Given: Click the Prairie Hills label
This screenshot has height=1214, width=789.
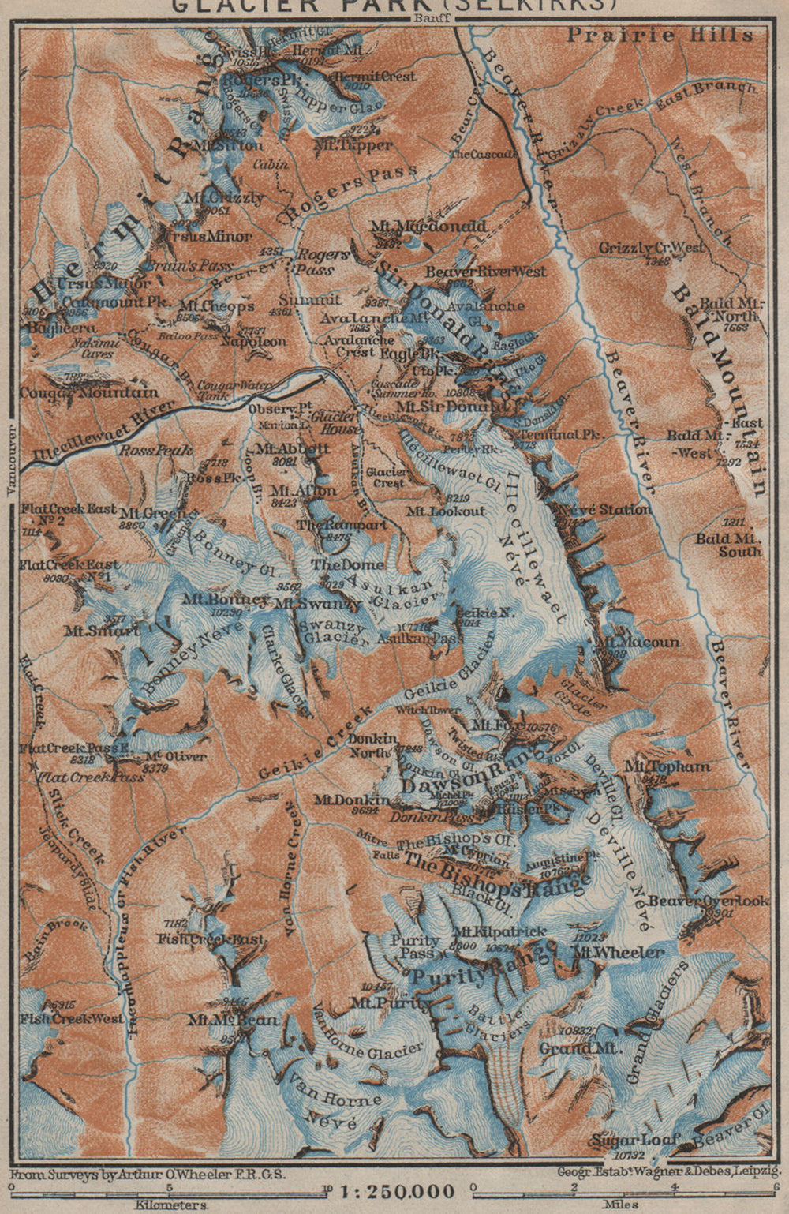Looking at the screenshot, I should point(660,35).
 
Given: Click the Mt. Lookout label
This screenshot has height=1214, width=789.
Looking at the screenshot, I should point(446,511).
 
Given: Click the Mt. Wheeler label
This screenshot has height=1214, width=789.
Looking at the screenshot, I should point(619,953).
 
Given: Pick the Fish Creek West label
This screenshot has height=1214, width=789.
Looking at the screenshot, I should point(73,1018).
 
